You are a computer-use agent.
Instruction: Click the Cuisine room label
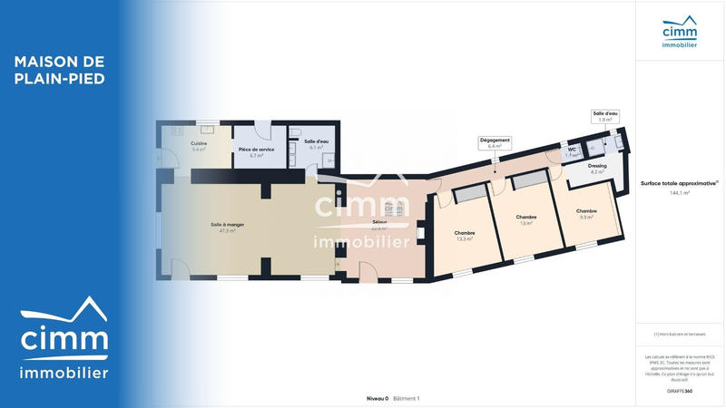tap(199, 143)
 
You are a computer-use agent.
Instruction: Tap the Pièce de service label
tap(256, 149)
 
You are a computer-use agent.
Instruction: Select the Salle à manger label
tap(227, 224)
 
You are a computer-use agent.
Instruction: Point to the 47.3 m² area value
tap(227, 231)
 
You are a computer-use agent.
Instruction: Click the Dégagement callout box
tap(495, 142)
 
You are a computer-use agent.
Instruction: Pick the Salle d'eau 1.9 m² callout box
tap(605, 116)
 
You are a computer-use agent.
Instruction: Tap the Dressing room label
tap(597, 166)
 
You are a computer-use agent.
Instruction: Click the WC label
tap(572, 150)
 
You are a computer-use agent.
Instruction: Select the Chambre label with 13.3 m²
tap(465, 233)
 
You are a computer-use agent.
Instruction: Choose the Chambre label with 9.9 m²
tap(586, 211)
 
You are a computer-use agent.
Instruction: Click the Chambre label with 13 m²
tap(526, 217)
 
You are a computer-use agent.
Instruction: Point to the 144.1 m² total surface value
tap(680, 193)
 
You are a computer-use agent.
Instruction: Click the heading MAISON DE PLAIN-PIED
tap(60, 70)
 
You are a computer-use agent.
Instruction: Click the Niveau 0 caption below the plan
tap(377, 398)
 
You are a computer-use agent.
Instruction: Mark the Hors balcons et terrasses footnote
tap(680, 335)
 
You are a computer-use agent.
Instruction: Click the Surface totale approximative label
tap(679, 183)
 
